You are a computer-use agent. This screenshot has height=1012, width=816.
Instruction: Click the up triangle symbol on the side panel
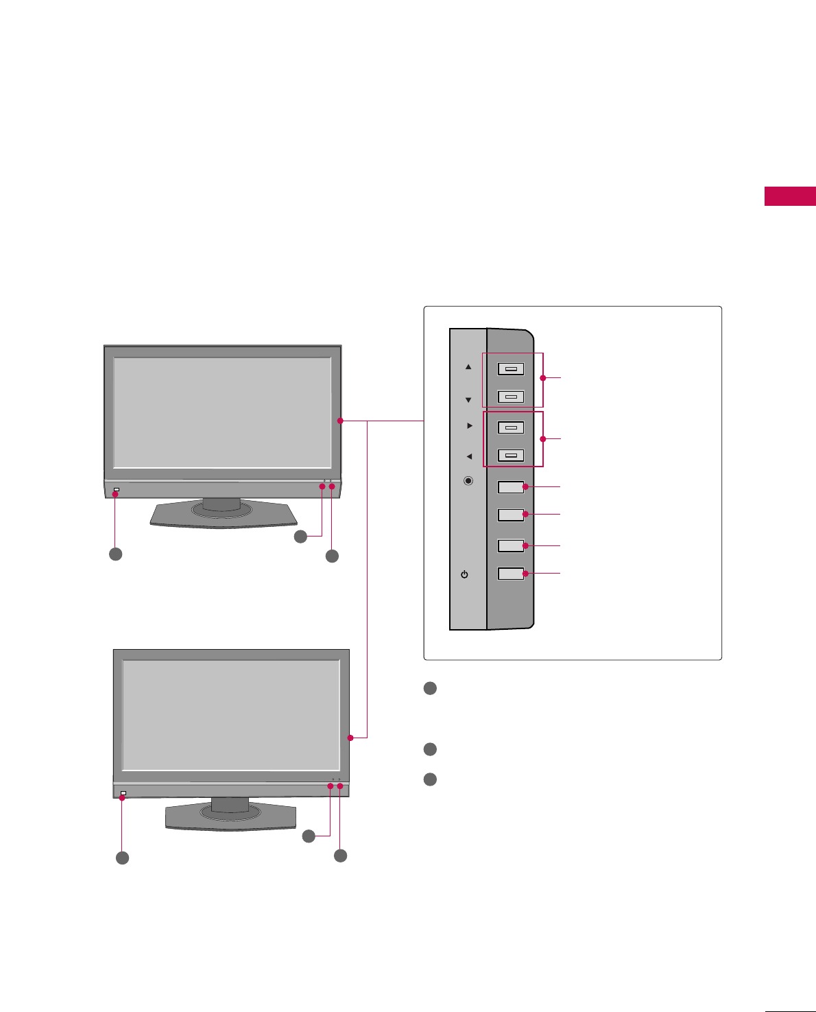[x=468, y=367]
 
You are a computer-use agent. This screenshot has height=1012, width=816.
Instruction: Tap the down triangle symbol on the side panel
[x=468, y=400]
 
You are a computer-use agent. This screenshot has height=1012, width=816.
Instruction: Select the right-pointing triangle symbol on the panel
[x=470, y=426]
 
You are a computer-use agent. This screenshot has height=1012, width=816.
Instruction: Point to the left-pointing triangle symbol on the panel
[x=469, y=456]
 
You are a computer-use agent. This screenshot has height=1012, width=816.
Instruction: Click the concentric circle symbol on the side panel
[x=468, y=481]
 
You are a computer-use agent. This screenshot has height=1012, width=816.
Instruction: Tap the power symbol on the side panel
[x=465, y=574]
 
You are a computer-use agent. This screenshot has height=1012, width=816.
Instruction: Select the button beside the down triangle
[x=511, y=397]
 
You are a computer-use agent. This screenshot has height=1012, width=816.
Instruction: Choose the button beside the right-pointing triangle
[x=511, y=427]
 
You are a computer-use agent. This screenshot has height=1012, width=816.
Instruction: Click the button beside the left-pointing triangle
[x=511, y=455]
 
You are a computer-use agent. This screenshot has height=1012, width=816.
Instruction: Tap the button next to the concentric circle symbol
[x=511, y=487]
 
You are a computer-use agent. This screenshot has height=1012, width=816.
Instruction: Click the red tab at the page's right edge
[x=790, y=196]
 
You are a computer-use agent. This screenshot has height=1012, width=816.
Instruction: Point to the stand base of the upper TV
[x=224, y=514]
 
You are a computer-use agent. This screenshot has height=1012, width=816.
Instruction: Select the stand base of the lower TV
[x=231, y=816]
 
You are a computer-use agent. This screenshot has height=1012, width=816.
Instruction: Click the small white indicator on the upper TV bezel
[x=117, y=490]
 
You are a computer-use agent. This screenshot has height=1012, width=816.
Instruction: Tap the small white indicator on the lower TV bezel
[x=123, y=793]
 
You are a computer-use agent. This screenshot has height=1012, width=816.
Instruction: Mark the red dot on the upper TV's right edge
[x=340, y=421]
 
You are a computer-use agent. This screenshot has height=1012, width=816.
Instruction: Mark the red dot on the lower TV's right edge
[x=350, y=738]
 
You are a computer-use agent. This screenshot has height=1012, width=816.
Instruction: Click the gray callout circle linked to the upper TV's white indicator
[x=116, y=554]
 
